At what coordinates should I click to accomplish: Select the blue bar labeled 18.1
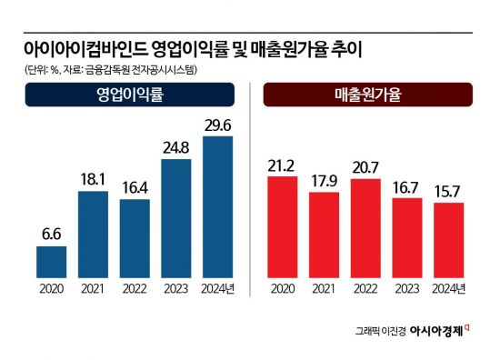(x=93, y=234)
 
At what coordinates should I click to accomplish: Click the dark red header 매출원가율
(x=368, y=95)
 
